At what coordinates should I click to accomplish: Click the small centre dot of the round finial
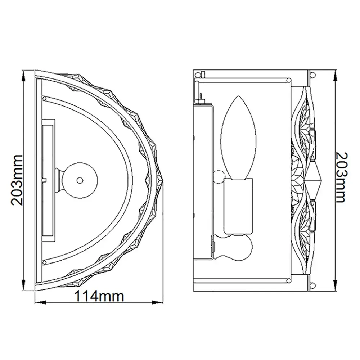[x=80, y=180]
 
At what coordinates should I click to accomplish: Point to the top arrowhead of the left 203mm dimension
[x=23, y=76]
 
